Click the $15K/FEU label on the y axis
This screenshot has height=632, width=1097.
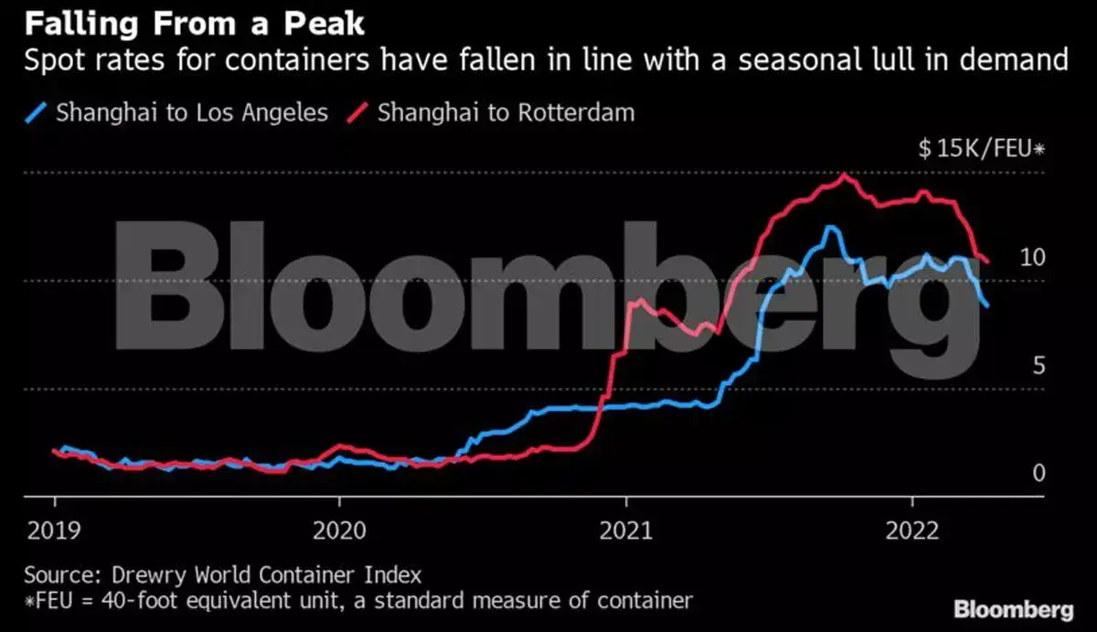981,149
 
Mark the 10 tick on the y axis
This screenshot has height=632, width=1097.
1031,258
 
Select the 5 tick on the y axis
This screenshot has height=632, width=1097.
1038,366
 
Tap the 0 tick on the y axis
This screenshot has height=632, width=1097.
1038,474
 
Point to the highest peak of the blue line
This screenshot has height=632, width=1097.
830,228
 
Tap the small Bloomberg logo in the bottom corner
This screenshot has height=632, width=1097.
1013,609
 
